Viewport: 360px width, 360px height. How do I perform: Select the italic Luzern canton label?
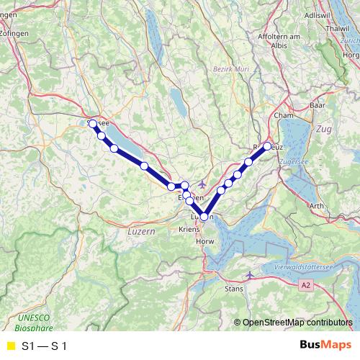click(x=140, y=232)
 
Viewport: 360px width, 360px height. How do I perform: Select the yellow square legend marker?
click(x=10, y=346)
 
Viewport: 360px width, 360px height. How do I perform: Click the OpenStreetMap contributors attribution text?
click(x=297, y=323)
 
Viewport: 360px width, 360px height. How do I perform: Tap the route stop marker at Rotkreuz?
click(x=267, y=146)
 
